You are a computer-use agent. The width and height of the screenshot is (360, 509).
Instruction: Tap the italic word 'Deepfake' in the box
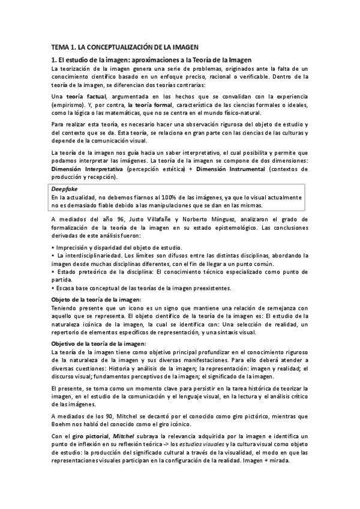[63, 188]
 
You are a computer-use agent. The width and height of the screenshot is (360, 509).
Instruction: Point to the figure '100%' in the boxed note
[158, 196]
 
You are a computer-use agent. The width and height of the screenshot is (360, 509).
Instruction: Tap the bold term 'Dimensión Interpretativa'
[88, 169]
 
